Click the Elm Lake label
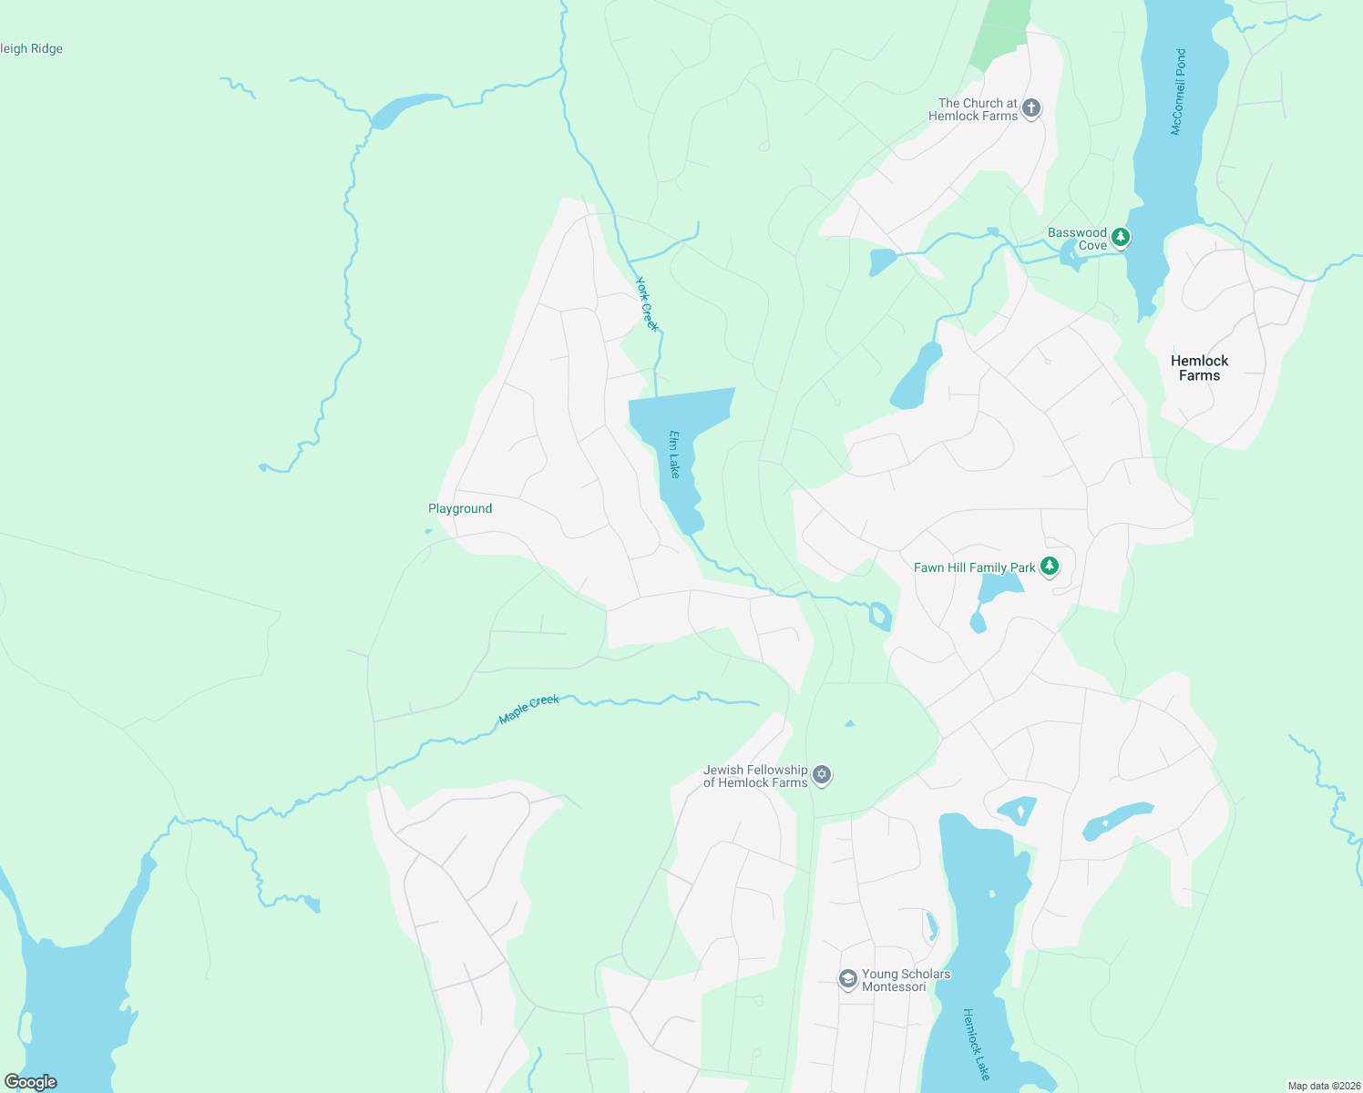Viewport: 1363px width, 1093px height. pos(674,454)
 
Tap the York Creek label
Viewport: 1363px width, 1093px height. pos(646,304)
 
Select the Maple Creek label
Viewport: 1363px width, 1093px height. pos(529,710)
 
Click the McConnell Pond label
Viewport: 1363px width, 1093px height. pos(1179,92)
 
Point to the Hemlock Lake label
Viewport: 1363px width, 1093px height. pos(976,1044)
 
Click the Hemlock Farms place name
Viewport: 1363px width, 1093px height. pos(1199,368)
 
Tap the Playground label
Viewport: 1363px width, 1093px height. pos(460,508)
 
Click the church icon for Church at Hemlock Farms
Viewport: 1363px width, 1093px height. pos(1031,108)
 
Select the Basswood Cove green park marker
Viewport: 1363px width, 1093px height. pos(1121,238)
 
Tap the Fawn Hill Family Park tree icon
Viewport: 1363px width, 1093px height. pos(1050,567)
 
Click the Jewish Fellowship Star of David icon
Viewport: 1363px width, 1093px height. pos(822,775)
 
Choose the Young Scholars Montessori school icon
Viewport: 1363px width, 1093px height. pos(848,979)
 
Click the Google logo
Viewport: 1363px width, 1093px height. pos(30,1082)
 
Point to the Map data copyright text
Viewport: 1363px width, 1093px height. pos(1323,1086)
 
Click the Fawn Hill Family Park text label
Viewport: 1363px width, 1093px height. pos(974,567)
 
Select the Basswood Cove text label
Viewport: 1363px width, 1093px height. pos(1078,239)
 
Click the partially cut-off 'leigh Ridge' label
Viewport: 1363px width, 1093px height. pos(32,49)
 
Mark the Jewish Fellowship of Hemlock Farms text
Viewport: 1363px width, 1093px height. pos(755,776)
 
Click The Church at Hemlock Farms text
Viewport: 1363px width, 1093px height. pos(974,109)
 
